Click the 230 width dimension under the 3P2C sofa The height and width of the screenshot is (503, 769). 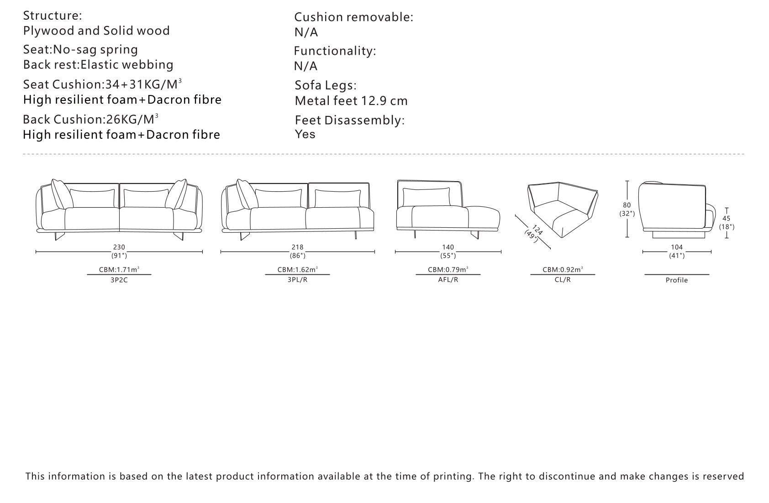(x=119, y=247)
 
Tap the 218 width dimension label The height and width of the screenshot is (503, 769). (x=297, y=247)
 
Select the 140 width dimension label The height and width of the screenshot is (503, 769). (x=448, y=247)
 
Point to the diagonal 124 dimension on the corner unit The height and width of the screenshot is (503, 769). (x=537, y=230)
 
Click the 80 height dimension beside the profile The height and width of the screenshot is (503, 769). (x=627, y=205)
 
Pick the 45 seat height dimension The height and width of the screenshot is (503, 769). (x=727, y=219)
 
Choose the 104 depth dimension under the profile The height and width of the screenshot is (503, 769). (x=677, y=247)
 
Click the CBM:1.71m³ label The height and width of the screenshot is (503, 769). (x=119, y=269)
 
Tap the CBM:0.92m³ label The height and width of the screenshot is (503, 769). (x=563, y=269)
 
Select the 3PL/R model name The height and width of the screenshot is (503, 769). (x=297, y=280)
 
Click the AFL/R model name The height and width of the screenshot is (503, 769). (x=448, y=280)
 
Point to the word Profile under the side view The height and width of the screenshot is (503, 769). (x=677, y=280)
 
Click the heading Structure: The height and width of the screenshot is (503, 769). (x=53, y=16)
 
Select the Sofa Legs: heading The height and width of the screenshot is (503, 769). (x=326, y=85)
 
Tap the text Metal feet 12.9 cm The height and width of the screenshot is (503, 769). (x=351, y=101)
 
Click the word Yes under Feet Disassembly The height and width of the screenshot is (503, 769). (x=305, y=134)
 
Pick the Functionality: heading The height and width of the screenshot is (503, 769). (x=335, y=51)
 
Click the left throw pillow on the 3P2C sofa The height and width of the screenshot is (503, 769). (x=62, y=194)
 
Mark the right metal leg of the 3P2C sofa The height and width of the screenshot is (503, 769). (x=179, y=236)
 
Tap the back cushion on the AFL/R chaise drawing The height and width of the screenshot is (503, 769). (x=426, y=197)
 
